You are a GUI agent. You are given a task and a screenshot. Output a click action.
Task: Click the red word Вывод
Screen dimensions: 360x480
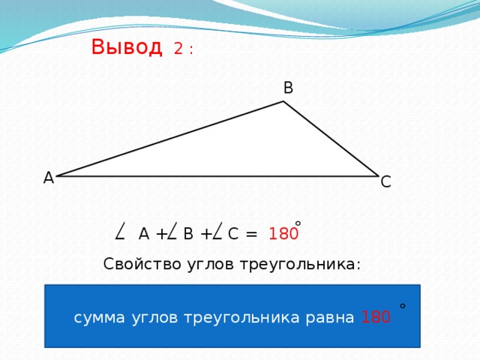coord(126,47)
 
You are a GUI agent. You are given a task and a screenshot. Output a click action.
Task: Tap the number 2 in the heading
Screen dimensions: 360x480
coord(178,49)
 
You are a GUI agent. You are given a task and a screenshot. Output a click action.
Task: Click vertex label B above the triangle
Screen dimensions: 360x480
coord(288,88)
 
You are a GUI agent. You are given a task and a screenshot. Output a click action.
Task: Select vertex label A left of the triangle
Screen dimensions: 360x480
coord(48,178)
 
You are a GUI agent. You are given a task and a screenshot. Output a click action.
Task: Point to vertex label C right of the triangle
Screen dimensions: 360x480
coord(385,181)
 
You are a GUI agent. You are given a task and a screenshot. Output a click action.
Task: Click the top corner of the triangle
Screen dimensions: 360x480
coord(283,102)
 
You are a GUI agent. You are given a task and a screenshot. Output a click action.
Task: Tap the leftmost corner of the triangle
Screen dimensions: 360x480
coord(57,176)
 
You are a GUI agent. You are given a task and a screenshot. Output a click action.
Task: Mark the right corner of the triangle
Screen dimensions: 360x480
coord(378,176)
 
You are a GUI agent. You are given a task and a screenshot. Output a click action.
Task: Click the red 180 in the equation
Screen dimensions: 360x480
coord(283,234)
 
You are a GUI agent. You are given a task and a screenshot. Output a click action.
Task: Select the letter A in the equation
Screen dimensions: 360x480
coord(144,234)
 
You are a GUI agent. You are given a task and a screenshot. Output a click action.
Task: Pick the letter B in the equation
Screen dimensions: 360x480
coord(188,234)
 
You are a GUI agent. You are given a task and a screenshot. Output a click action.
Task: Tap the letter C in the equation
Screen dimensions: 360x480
coord(232,234)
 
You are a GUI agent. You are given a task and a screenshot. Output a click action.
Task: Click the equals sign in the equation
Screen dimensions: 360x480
coord(251,234)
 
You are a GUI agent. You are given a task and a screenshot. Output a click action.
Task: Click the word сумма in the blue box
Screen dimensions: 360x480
coord(100,317)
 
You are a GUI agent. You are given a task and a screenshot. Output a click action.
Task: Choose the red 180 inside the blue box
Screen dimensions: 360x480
coord(375,317)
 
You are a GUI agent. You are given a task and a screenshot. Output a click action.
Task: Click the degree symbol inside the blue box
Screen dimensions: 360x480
coord(403,306)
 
